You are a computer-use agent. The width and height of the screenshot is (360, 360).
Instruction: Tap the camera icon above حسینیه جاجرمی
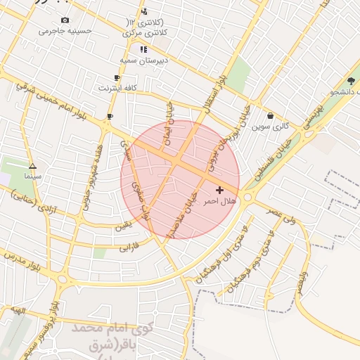tap(65, 20)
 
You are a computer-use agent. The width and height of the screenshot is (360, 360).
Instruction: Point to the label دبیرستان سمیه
tap(146, 60)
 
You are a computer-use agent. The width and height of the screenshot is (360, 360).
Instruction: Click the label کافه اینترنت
tap(117, 89)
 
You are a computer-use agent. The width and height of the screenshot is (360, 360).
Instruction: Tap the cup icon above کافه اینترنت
tap(117, 78)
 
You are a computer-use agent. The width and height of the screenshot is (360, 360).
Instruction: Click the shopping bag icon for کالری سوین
tap(271, 116)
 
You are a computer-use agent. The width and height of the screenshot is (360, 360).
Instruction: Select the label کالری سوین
tap(271, 127)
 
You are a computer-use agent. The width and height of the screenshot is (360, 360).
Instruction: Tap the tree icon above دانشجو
tap(351, 81)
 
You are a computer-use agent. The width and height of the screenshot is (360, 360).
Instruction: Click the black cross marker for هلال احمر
tap(220, 190)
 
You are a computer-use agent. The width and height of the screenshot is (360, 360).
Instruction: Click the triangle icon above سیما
tap(32, 166)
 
